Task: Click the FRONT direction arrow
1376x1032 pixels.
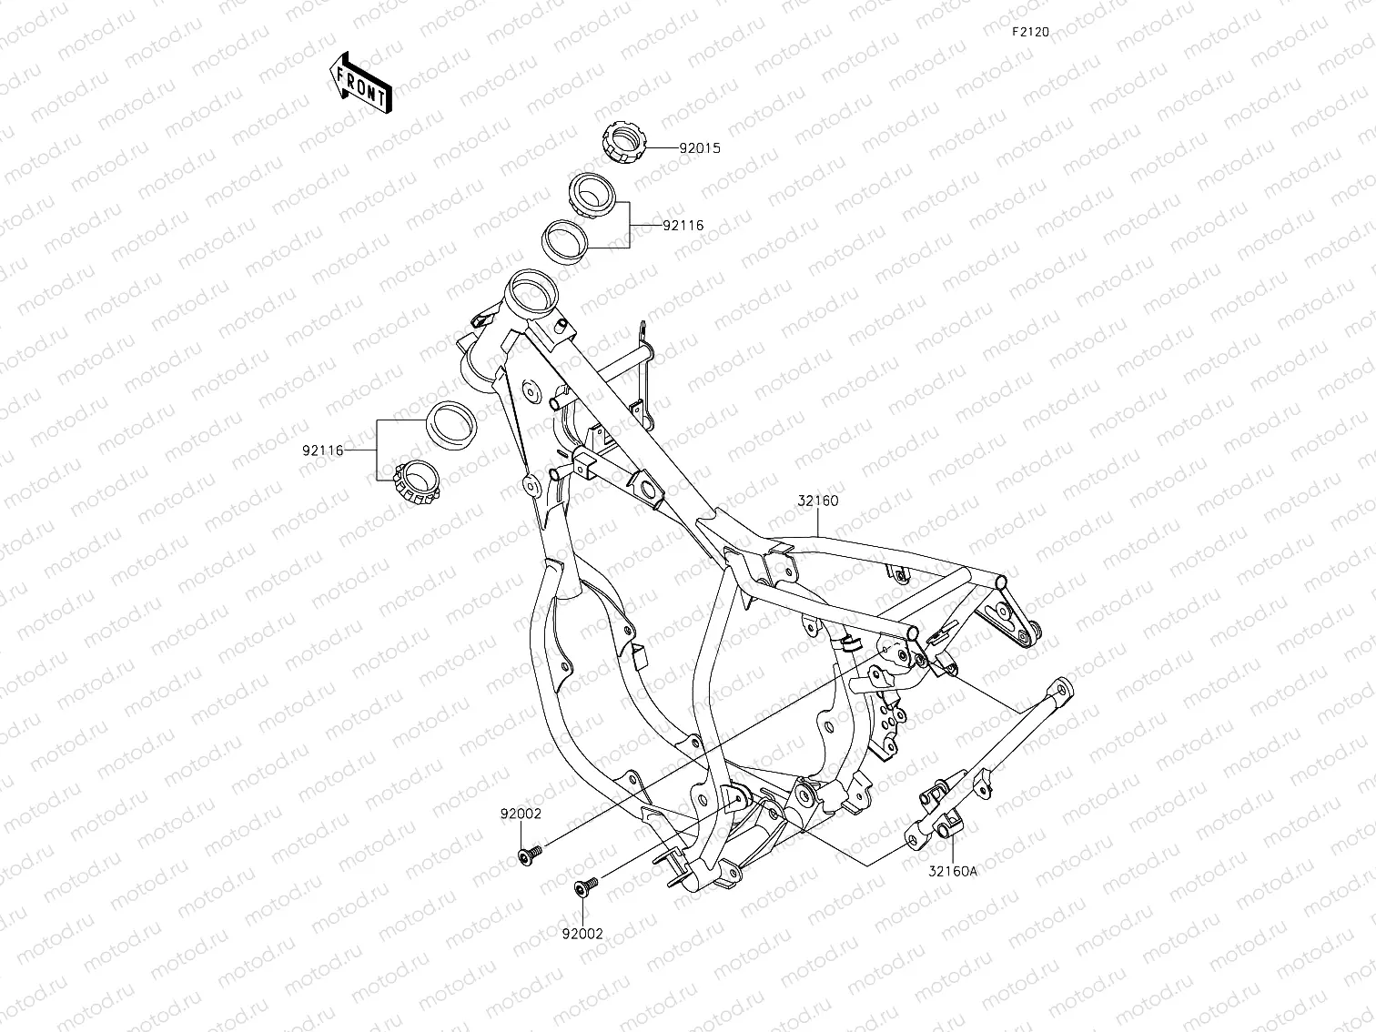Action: pyautogui.click(x=360, y=83)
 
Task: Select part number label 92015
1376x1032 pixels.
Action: pyautogui.click(x=699, y=147)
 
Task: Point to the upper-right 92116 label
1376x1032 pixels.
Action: pyautogui.click(x=683, y=225)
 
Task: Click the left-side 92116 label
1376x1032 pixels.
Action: pyautogui.click(x=323, y=450)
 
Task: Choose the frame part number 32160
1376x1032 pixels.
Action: pyautogui.click(x=818, y=501)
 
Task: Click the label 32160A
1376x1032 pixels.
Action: pyautogui.click(x=952, y=870)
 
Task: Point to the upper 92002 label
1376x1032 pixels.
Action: pyautogui.click(x=520, y=814)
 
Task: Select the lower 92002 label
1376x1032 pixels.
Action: pyautogui.click(x=582, y=933)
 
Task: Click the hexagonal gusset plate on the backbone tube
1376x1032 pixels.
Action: pyautogui.click(x=648, y=488)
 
